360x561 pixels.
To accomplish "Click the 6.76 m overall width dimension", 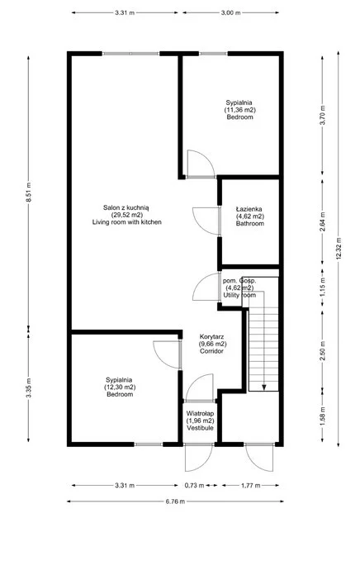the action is pos(175,502).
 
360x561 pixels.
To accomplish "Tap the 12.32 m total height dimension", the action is pos(339,249).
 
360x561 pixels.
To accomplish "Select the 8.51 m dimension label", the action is pos(29,193).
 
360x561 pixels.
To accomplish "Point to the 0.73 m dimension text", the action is pos(195,486).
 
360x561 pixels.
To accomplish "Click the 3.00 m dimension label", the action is pos(230,12).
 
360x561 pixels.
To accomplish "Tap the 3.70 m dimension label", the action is pos(323,115).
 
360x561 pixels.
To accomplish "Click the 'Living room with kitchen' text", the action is pos(127,222).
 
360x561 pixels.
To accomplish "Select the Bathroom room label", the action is pos(250,224).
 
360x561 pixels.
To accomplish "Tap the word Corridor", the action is pos(211,351).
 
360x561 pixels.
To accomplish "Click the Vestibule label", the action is pos(200,428).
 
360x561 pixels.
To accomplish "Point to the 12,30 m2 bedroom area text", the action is pos(120,387).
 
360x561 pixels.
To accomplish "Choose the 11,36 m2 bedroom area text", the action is pos(240,110).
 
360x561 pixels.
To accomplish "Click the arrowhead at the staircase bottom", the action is pos(264,387).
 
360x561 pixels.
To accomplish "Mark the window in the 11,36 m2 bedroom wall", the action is pos(213,54).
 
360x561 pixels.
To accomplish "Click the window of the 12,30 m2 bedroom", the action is pos(149,445).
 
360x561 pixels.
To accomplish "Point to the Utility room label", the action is pos(239,295).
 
